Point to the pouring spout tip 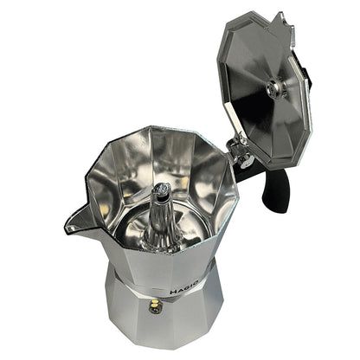click(69, 228)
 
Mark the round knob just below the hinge click(246, 161)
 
